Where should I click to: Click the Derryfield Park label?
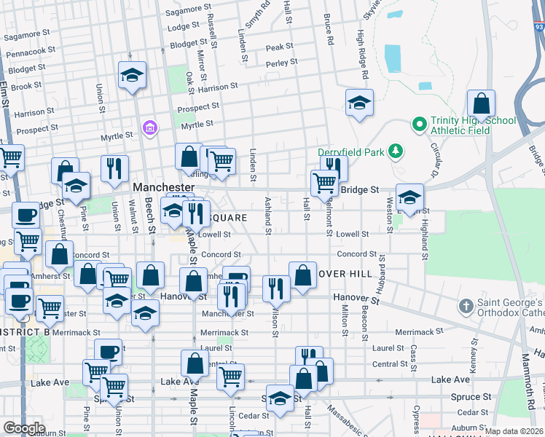tap(341, 151)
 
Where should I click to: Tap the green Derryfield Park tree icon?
tap(396, 151)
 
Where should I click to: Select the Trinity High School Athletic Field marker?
tap(419, 125)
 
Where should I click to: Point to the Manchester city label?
tap(163, 187)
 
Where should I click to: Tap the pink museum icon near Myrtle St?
tap(150, 128)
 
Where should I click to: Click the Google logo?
tap(24, 428)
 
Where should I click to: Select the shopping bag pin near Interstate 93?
tap(481, 104)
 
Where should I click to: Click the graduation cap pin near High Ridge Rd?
tap(359, 104)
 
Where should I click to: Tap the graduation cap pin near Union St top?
tap(132, 76)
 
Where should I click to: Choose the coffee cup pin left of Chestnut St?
tap(26, 216)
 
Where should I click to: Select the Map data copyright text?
tap(514, 431)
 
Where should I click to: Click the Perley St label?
tap(282, 63)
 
